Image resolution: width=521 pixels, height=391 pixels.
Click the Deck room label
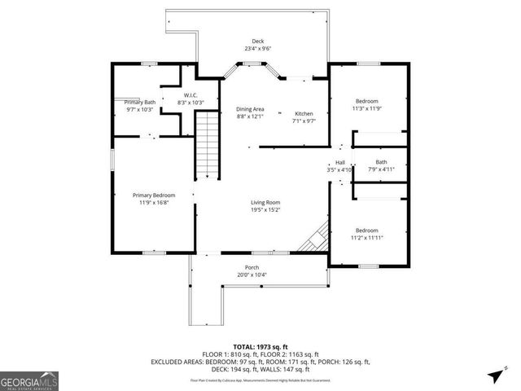pos(257,42)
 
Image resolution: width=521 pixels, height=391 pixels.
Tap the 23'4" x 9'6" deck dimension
pos(257,49)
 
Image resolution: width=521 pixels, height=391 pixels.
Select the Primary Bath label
pos(139,102)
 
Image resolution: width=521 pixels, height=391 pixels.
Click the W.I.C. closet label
pos(190,95)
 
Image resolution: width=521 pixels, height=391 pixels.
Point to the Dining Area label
pos(250,109)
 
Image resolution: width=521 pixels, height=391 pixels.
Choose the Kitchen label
pos(303,113)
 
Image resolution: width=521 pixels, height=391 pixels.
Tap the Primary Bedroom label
pos(154,195)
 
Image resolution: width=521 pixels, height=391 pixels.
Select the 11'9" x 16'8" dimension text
pos(154,202)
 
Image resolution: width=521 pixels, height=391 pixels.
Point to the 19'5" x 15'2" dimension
pos(265,209)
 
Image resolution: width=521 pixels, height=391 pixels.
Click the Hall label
pos(339,162)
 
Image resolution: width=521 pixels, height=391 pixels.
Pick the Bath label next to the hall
pos(381,162)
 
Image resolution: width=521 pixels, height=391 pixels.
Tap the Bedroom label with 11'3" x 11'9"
pos(366,101)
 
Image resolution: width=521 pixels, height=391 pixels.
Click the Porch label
pos(252,267)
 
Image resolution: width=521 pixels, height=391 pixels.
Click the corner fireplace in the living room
pos(315,239)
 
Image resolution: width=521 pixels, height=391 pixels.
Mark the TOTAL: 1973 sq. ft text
pos(260,347)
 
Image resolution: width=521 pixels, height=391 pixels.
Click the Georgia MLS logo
pos(28,380)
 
